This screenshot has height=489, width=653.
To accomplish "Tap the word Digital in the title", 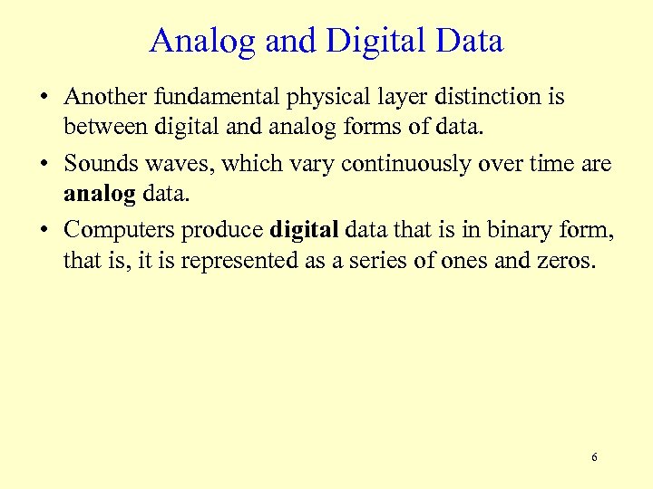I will click(367, 42).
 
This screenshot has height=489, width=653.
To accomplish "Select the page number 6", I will click(594, 457).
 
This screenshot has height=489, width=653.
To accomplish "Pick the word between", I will click(99, 129).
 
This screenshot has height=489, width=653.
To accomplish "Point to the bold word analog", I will click(99, 196).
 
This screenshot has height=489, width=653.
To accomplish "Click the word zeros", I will click(566, 263).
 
